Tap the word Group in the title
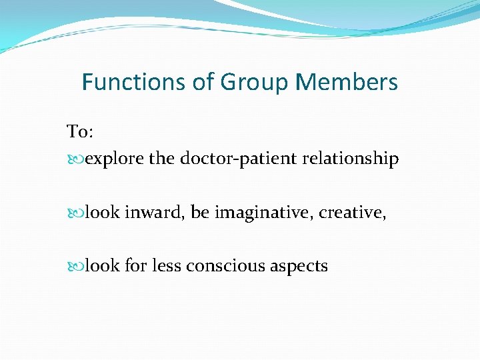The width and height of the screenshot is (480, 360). (256, 83)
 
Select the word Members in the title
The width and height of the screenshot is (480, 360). (347, 83)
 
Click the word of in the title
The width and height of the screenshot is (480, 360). (201, 83)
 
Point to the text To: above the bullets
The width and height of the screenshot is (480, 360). (80, 132)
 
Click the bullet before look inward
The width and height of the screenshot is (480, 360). (75, 213)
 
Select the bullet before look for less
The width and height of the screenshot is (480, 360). (75, 267)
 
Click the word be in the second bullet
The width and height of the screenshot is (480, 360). (199, 213)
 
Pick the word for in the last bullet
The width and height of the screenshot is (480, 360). (136, 266)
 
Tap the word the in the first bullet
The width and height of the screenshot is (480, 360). (161, 159)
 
